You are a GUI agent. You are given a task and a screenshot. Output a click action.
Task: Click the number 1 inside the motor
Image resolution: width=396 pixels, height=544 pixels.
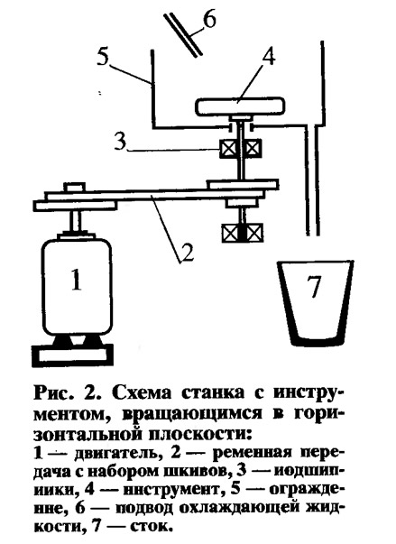(77, 281)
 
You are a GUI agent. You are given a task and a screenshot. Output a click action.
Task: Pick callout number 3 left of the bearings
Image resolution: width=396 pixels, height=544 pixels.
(120, 142)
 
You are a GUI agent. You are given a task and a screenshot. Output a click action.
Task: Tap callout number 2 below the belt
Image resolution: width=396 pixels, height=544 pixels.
(188, 253)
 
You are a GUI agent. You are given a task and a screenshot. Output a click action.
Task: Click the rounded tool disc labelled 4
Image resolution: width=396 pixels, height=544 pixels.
(240, 106)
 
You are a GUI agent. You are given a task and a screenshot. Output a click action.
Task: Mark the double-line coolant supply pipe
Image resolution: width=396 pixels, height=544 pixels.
(183, 34)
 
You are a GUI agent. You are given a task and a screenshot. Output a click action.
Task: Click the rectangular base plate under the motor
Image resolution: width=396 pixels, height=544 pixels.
(73, 355)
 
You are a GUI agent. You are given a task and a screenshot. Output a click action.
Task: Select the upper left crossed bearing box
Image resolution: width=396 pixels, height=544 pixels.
(227, 148)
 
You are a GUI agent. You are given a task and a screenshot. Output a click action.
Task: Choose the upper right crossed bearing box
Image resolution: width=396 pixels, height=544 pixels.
(253, 148)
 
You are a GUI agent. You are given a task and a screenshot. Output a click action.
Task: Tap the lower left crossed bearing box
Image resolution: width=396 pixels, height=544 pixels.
(230, 233)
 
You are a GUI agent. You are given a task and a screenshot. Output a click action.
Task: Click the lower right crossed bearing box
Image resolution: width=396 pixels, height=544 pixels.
(255, 233)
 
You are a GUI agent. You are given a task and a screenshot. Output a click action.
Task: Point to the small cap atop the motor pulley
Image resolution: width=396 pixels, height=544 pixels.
(74, 188)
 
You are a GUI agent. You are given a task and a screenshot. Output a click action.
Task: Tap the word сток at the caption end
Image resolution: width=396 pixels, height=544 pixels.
(151, 528)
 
